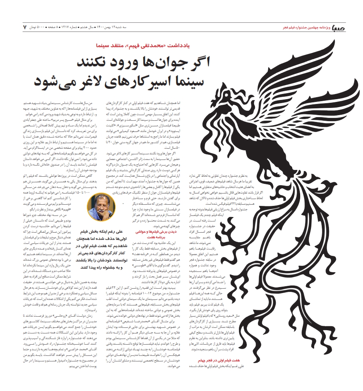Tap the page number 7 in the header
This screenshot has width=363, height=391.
pos(24,27)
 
